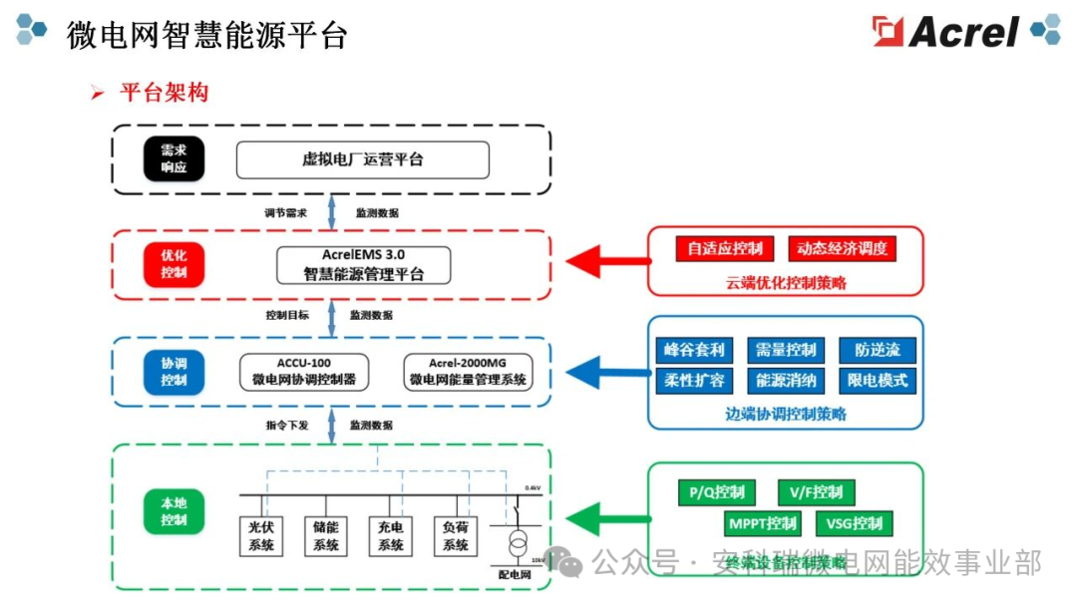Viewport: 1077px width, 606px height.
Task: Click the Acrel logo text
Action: (x=963, y=32)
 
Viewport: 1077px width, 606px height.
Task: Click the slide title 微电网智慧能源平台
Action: (x=206, y=35)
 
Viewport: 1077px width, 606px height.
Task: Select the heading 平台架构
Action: (x=164, y=94)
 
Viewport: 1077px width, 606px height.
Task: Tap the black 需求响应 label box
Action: (x=174, y=159)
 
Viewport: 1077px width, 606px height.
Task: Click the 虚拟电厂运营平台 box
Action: (x=363, y=159)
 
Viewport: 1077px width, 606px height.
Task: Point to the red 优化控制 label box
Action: (x=174, y=263)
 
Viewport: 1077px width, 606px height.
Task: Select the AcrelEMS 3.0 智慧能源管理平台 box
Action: (x=363, y=265)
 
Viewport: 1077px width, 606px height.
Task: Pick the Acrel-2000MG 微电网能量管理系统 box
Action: (x=467, y=371)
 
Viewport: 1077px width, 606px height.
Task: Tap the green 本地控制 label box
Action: (x=174, y=511)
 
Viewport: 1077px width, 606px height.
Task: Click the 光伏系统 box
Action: (x=261, y=535)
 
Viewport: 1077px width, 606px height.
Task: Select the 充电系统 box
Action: (x=391, y=535)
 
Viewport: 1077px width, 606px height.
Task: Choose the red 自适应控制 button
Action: (x=725, y=248)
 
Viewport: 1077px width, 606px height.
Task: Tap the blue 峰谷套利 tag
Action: (x=695, y=350)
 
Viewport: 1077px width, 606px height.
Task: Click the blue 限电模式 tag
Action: (x=878, y=381)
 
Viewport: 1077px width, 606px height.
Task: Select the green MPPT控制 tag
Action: (x=763, y=523)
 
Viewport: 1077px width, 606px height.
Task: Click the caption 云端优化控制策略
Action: (x=786, y=283)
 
